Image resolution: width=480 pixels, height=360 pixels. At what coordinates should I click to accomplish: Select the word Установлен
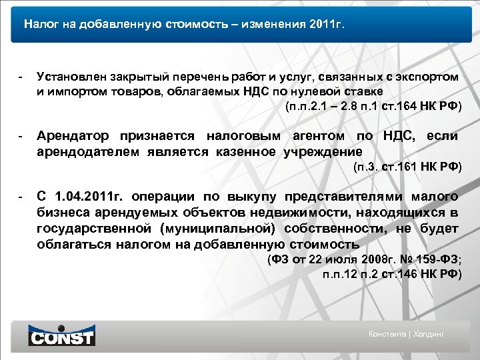(70, 77)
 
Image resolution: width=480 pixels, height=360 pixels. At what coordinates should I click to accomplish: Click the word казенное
(246, 151)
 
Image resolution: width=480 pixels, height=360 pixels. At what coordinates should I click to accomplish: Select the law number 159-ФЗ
(436, 259)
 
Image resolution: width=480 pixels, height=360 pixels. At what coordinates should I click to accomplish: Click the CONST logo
(61, 335)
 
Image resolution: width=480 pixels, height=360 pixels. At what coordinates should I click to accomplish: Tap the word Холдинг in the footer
(429, 334)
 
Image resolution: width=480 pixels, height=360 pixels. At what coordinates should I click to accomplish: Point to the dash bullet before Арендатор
(21, 136)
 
